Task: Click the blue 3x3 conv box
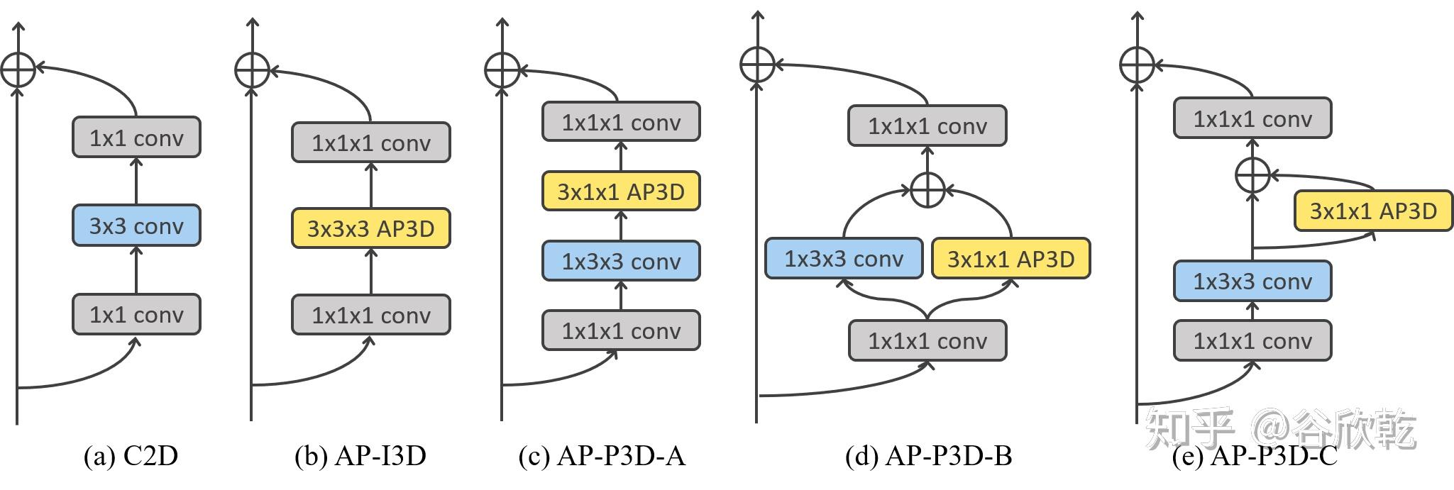pos(136,225)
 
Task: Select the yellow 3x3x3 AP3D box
pos(370,228)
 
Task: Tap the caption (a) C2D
pos(131,456)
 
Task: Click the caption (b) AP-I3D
pos(360,456)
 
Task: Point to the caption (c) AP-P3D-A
pos(602,456)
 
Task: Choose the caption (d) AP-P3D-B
pos(928,456)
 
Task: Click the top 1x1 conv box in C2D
pos(136,138)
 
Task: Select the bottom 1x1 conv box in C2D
pos(136,314)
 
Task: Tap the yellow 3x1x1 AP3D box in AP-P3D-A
pos(621,191)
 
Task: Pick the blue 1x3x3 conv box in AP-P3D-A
pos(621,261)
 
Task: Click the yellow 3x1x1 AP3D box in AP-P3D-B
pos(1010,259)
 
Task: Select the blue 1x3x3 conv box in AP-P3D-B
pos(844,259)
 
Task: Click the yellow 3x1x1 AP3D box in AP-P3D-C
pos(1373,211)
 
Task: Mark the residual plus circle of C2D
pos(18,69)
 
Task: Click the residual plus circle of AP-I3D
pos(252,69)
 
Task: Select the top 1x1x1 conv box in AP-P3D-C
pos(1252,118)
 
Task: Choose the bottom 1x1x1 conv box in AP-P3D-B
pos(927,341)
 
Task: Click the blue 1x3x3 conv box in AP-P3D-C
pos(1252,282)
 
